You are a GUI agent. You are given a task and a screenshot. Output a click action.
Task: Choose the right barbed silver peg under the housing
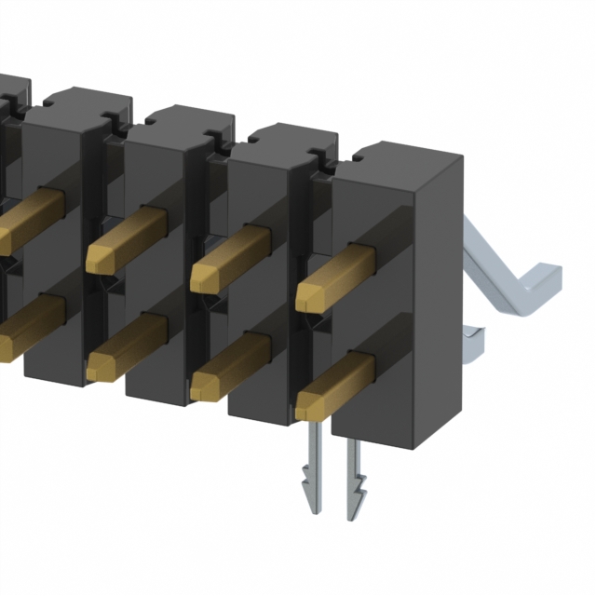(x=357, y=475)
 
